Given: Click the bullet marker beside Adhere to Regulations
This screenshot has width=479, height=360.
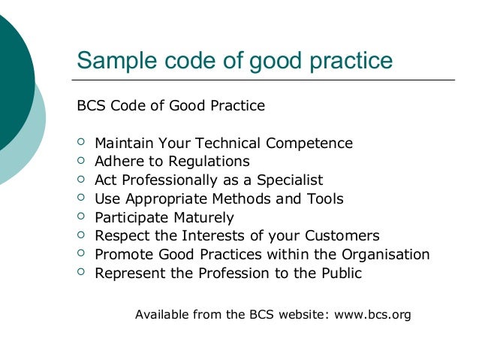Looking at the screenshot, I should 82,161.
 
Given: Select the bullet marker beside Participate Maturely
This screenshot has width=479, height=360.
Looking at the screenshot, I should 82,217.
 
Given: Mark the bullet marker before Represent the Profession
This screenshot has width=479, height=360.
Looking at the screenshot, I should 82,274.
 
